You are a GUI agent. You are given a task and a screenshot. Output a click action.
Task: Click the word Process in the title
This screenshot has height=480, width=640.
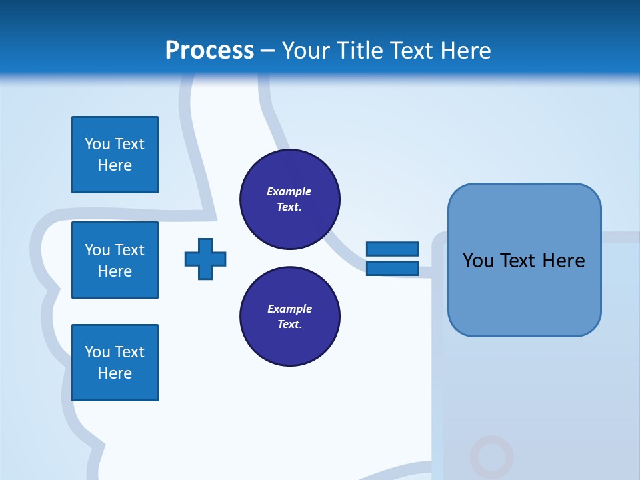pyautogui.click(x=209, y=51)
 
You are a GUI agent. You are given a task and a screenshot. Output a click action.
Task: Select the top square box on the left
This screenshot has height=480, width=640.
pyautogui.click(x=115, y=155)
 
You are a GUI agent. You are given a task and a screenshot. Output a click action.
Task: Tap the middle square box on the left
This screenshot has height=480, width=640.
pyautogui.click(x=115, y=260)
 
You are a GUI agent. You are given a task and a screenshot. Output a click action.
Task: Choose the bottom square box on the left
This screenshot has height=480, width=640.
pyautogui.click(x=115, y=363)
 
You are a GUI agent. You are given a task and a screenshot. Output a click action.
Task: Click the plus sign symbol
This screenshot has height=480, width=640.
pyautogui.click(x=205, y=259)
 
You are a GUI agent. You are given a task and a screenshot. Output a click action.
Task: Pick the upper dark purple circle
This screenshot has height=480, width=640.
pyautogui.click(x=289, y=199)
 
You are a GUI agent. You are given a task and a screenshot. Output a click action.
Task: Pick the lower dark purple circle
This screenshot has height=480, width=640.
pyautogui.click(x=289, y=317)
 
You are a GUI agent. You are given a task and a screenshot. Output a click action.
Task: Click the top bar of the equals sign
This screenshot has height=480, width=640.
pyautogui.click(x=392, y=249)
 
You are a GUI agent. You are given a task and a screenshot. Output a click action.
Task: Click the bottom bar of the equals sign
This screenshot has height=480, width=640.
pyautogui.click(x=392, y=269)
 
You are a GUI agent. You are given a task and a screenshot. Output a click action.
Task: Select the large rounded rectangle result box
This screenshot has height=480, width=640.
pyautogui.click(x=524, y=260)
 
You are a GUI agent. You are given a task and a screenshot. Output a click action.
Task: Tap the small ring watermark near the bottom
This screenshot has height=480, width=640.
pyautogui.click(x=491, y=457)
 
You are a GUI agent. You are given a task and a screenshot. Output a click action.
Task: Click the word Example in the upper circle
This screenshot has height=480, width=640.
pyautogui.click(x=289, y=192)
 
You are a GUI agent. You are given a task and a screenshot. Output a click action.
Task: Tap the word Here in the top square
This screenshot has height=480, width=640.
pyautogui.click(x=115, y=165)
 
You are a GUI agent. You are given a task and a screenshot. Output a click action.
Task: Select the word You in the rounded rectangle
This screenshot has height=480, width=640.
pyautogui.click(x=478, y=261)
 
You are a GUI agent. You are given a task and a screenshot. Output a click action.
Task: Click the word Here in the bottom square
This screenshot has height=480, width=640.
pyautogui.click(x=115, y=373)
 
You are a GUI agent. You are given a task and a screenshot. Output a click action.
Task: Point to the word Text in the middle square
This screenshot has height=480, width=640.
pyautogui.click(x=130, y=250)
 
